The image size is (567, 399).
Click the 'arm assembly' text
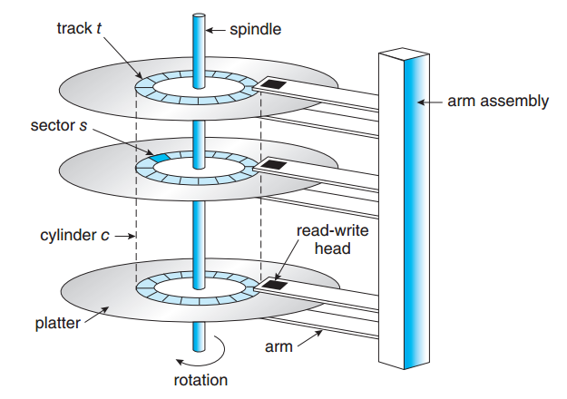click(498, 102)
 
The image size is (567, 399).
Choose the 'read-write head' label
click(327, 239)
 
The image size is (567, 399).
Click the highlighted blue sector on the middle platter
click(160, 158)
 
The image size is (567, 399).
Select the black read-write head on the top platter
click(273, 85)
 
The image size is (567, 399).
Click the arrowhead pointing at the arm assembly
click(419, 102)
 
